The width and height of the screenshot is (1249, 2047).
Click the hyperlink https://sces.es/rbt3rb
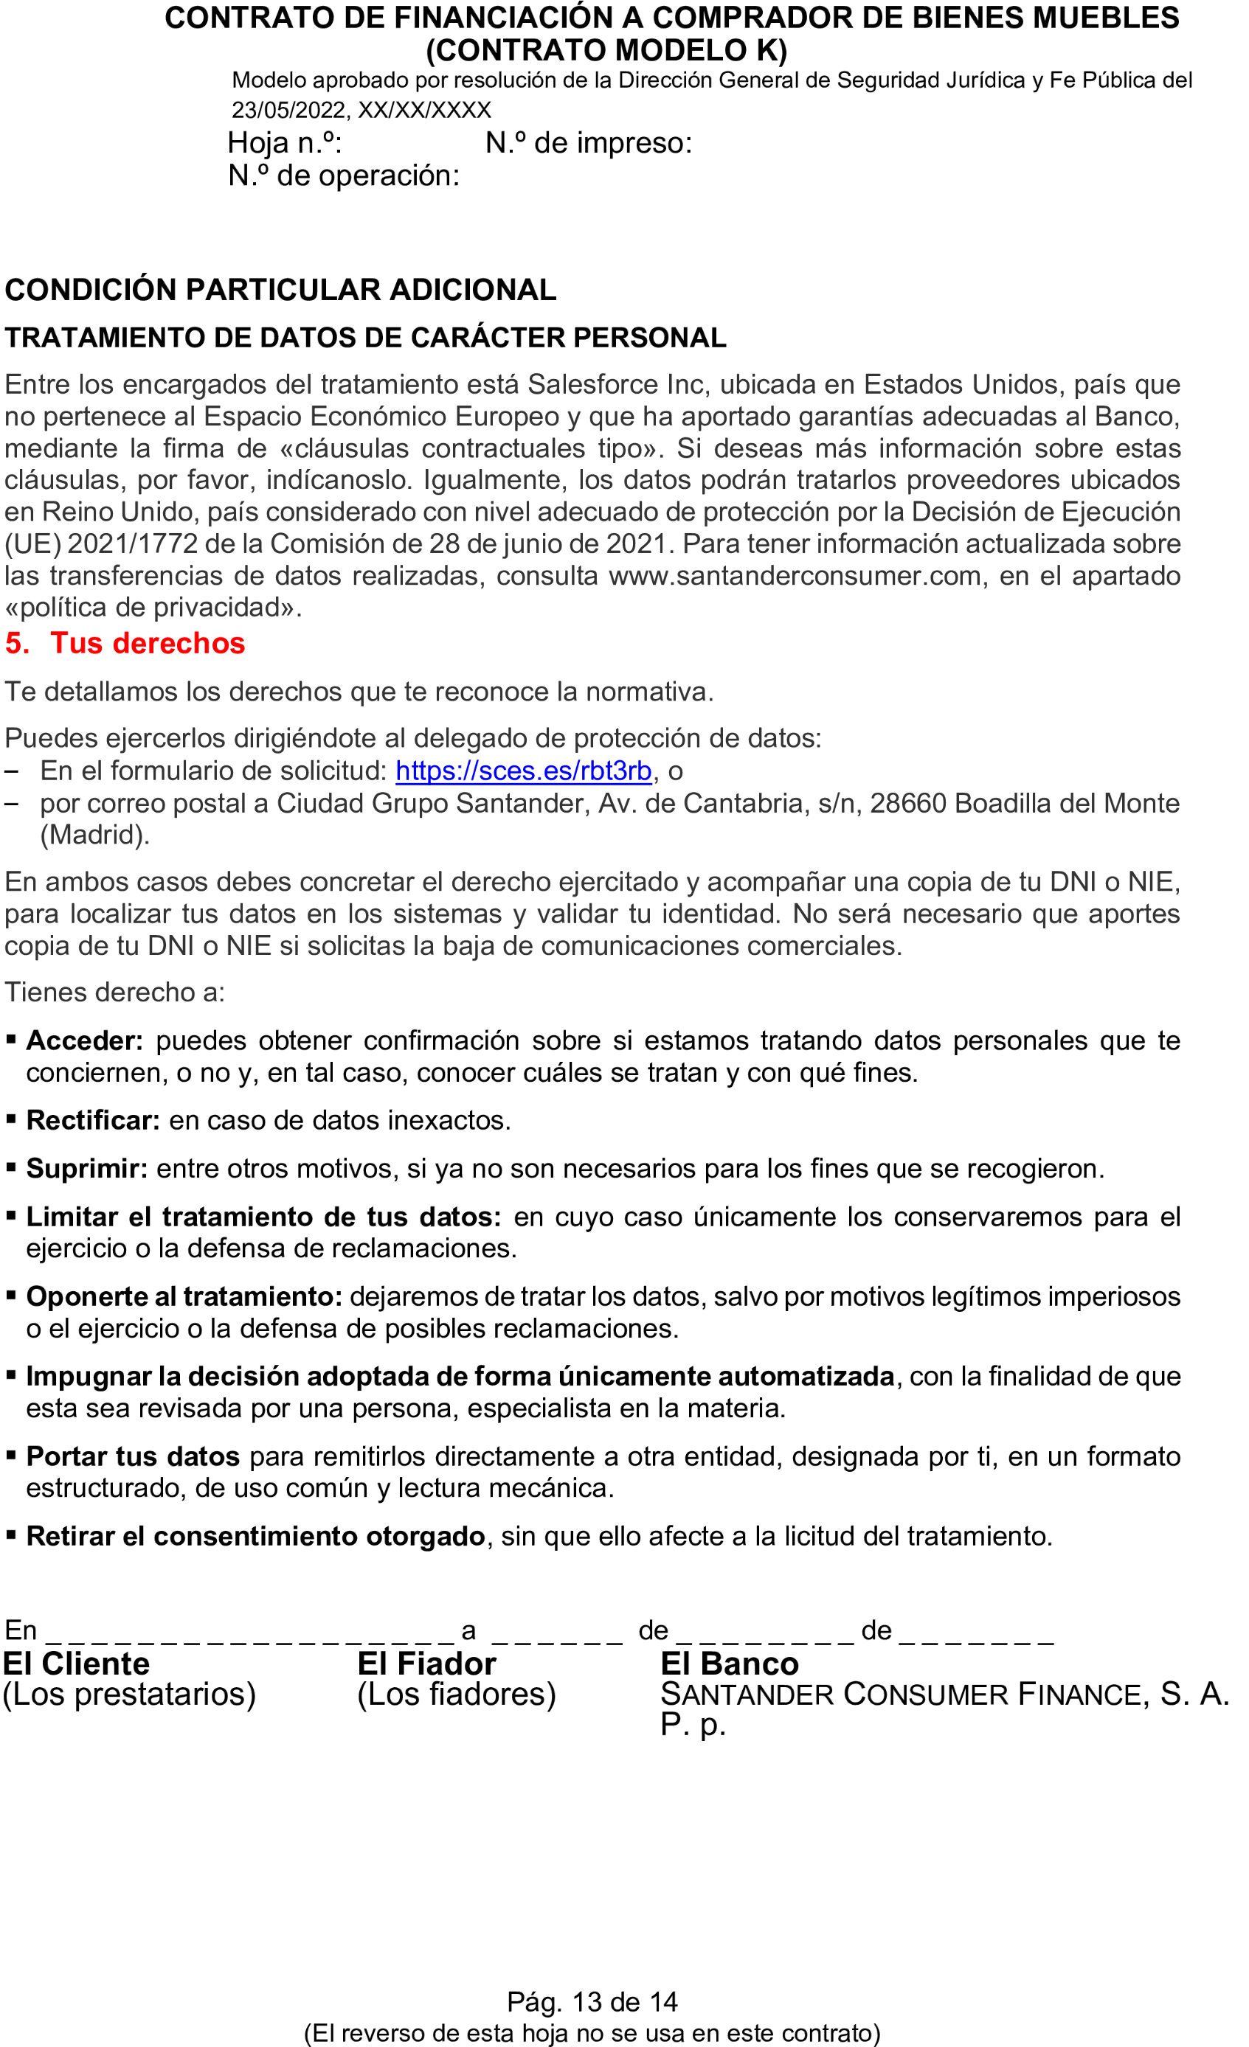pos(523,771)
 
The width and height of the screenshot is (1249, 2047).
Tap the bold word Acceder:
pos(85,1040)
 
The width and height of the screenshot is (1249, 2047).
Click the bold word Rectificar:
pos(93,1120)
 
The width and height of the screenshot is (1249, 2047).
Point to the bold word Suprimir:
pos(87,1168)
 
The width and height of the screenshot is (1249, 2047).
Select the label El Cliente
pos(77,1664)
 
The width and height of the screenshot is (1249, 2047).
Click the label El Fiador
pos(426,1664)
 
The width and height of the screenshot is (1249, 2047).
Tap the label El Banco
pos(729,1664)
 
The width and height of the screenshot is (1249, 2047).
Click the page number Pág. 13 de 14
pos(592,2001)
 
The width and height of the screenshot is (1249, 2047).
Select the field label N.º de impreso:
pos(589,143)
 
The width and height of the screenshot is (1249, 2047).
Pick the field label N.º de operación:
pos(343,175)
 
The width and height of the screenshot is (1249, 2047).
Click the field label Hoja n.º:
pos(285,143)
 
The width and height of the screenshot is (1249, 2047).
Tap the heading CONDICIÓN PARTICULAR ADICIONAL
pos(280,290)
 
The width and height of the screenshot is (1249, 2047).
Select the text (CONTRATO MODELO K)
pos(606,51)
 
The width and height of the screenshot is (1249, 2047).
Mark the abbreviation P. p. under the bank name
pos(692,1725)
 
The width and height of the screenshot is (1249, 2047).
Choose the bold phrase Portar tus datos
pos(133,1456)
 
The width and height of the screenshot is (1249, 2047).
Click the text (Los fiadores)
pos(456,1694)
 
